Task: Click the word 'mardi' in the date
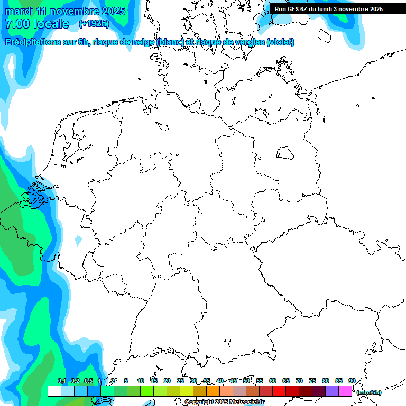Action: point(19,11)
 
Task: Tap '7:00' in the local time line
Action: point(16,24)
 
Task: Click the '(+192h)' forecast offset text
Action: point(94,24)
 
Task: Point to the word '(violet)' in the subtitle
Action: point(281,42)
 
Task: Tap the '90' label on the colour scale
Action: point(352,381)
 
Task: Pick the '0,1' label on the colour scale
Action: point(61,381)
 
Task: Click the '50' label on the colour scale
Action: point(246,381)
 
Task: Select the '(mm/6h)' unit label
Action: point(368,392)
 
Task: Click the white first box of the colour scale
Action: point(54,391)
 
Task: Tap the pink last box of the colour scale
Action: point(345,391)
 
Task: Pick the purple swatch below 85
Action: point(332,391)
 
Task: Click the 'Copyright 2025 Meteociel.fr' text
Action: point(225,402)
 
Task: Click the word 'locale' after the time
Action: point(50,24)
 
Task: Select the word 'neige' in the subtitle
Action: point(142,42)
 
